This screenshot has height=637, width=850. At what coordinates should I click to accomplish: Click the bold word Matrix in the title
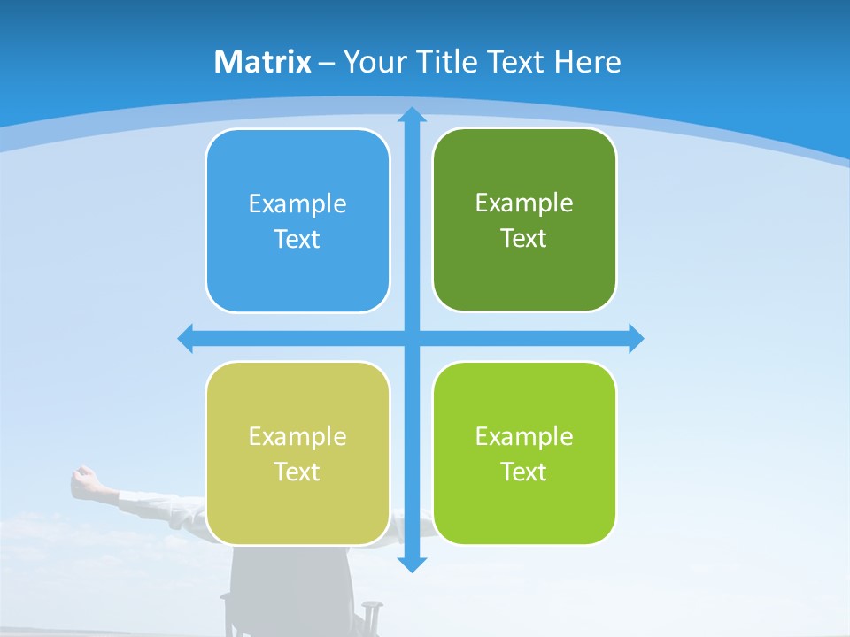coord(263,62)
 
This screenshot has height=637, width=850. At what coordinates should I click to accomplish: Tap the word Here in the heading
coord(587,62)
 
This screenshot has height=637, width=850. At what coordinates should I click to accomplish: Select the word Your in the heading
coord(372,62)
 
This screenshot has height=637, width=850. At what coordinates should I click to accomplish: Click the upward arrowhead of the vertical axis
coord(412,114)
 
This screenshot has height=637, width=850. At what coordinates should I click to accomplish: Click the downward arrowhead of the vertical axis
coord(412,564)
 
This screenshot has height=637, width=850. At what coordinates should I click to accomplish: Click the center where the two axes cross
coord(412,339)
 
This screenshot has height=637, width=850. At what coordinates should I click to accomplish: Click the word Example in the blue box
coord(297,204)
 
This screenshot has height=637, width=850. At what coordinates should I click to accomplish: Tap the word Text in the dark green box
coord(524,239)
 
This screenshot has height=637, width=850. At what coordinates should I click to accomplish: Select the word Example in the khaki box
coord(297,436)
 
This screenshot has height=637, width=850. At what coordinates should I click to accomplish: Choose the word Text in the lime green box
coord(524,472)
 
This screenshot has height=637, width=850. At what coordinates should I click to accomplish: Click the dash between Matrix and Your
coord(327,63)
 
